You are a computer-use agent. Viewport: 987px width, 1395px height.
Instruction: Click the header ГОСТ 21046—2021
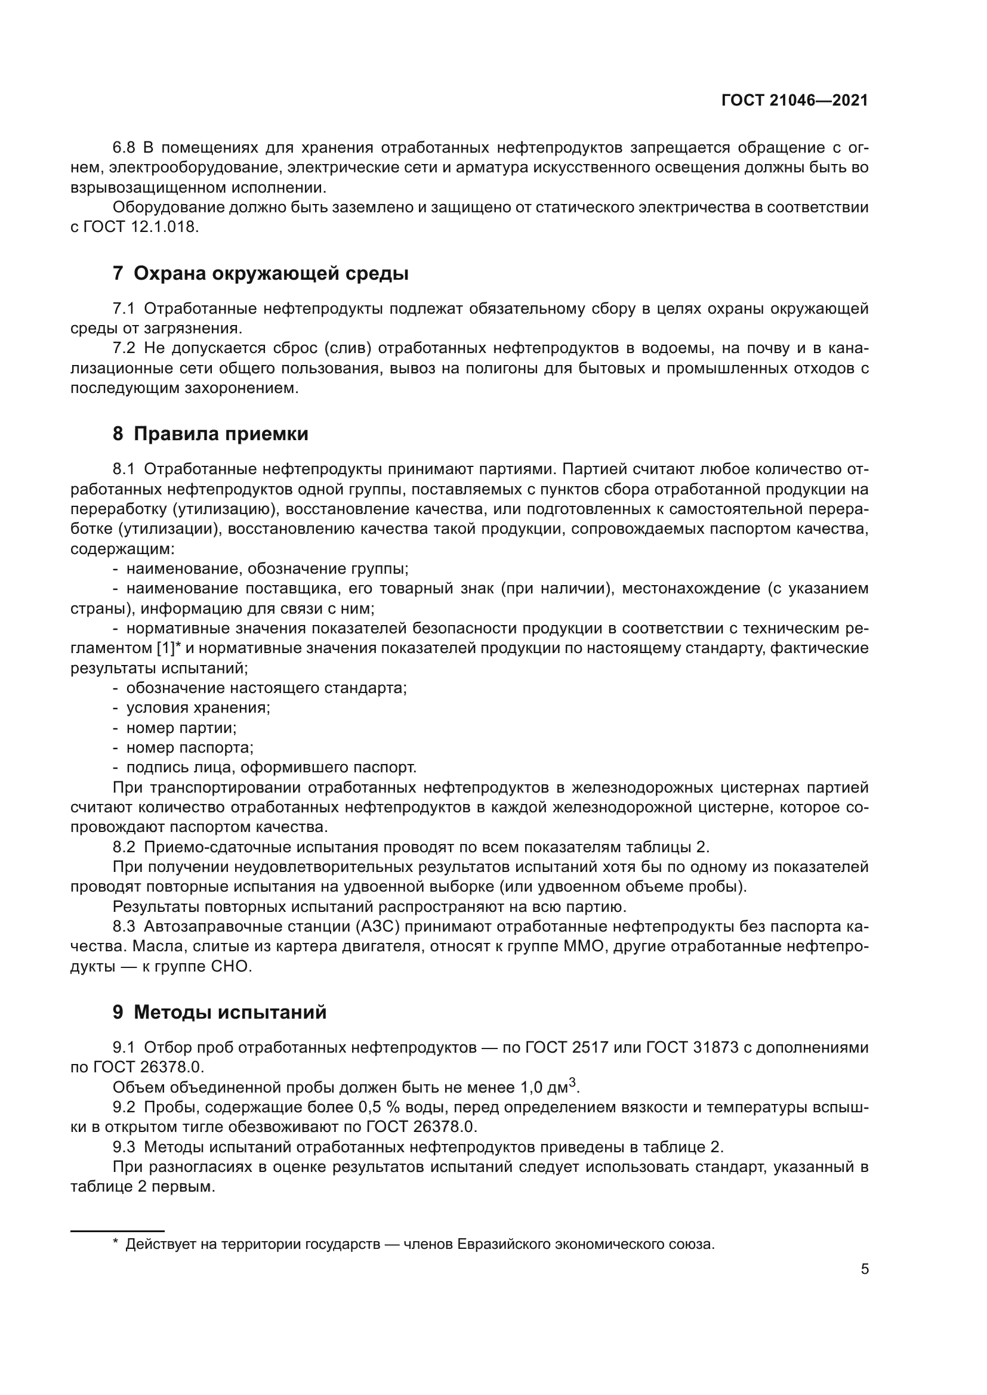794,100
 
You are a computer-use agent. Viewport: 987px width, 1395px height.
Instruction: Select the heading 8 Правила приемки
210,434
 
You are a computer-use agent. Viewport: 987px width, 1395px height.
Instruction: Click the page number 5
864,1269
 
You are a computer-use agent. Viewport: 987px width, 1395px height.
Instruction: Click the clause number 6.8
124,148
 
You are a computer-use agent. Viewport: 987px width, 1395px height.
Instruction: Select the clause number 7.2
124,348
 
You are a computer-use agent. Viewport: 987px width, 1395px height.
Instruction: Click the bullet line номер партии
181,727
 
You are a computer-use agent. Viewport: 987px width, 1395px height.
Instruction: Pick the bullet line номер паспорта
190,747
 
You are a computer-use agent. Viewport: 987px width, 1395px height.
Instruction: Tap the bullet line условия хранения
198,707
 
